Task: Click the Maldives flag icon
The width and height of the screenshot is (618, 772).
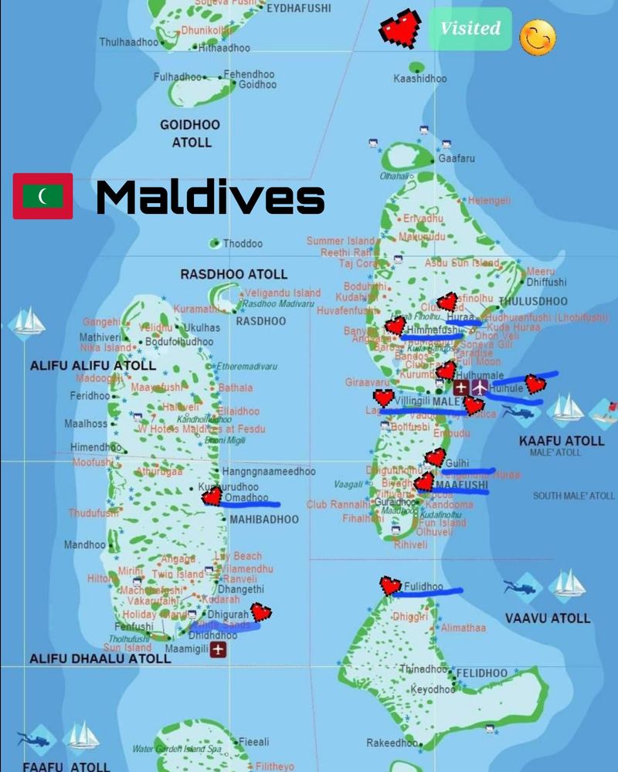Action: pyautogui.click(x=43, y=196)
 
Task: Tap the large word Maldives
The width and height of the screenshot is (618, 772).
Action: pyautogui.click(x=209, y=198)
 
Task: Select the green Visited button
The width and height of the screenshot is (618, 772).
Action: pyautogui.click(x=470, y=29)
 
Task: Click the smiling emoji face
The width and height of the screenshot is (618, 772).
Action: pyautogui.click(x=538, y=37)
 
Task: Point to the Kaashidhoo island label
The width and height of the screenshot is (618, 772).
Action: pyautogui.click(x=420, y=79)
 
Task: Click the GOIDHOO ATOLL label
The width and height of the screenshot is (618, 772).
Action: pyautogui.click(x=190, y=133)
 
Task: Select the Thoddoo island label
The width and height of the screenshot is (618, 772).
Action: pyautogui.click(x=243, y=244)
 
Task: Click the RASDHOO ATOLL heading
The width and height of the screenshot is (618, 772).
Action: pyautogui.click(x=233, y=274)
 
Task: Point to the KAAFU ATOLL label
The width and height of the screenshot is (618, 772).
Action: pyautogui.click(x=562, y=440)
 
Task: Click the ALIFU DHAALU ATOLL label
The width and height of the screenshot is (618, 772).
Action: pyautogui.click(x=100, y=659)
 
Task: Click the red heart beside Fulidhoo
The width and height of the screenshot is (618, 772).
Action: pyautogui.click(x=391, y=586)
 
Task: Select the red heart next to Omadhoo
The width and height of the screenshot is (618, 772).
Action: pyautogui.click(x=211, y=496)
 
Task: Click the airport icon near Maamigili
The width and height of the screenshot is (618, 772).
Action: pyautogui.click(x=219, y=651)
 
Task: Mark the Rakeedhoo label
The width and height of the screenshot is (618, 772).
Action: pyautogui.click(x=392, y=743)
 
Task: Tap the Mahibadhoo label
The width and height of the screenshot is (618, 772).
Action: pyautogui.click(x=263, y=520)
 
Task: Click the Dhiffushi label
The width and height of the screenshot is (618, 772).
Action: pyautogui.click(x=546, y=283)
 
